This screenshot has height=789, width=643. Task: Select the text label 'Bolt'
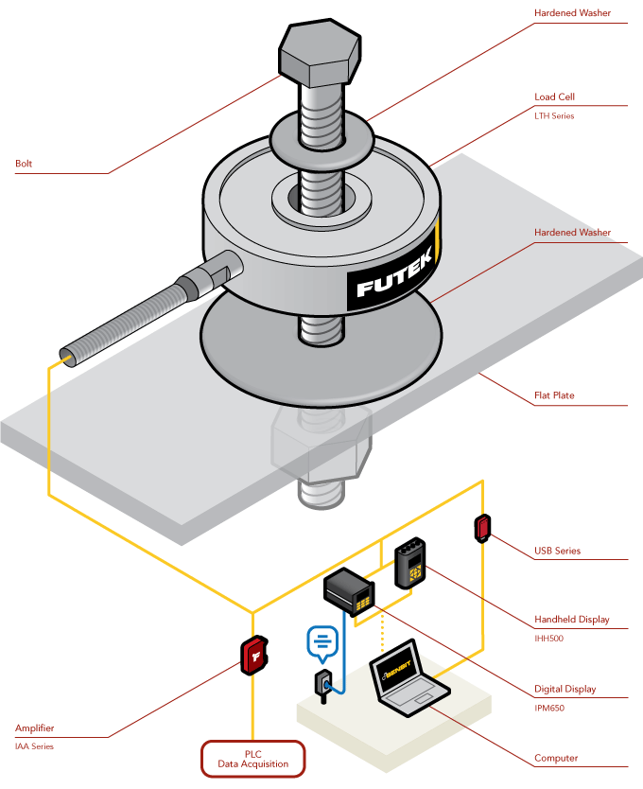pyautogui.click(x=24, y=164)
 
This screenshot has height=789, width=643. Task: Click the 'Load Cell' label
pyautogui.click(x=553, y=96)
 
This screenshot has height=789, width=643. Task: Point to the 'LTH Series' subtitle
pyautogui.click(x=554, y=116)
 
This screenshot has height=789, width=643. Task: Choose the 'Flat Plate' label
pyautogui.click(x=553, y=395)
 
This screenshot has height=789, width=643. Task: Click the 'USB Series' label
pyautogui.click(x=556, y=551)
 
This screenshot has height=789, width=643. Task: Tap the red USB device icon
pyautogui.click(x=483, y=527)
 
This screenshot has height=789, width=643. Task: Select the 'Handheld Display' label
pyautogui.click(x=571, y=620)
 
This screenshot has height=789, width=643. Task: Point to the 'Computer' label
pyautogui.click(x=556, y=758)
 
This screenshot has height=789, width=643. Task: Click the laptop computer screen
pyautogui.click(x=397, y=671)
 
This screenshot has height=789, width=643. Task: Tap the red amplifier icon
pyautogui.click(x=254, y=655)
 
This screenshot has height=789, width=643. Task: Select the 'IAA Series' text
pyautogui.click(x=34, y=746)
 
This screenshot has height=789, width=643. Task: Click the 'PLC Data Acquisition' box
pyautogui.click(x=252, y=757)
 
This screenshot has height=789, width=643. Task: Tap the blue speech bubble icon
pyautogui.click(x=322, y=642)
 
